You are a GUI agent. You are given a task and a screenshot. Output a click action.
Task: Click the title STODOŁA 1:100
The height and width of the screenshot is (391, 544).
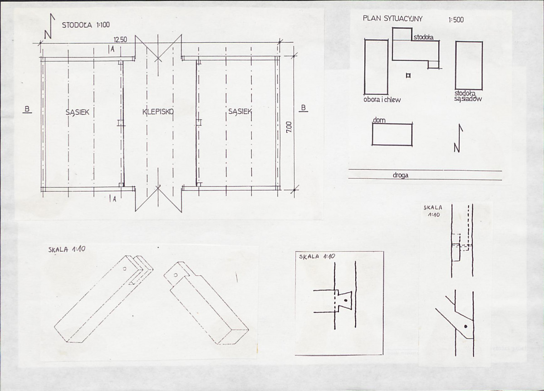coord(86,25)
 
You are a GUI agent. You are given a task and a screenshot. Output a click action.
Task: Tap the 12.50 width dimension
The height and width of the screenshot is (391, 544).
coord(120,40)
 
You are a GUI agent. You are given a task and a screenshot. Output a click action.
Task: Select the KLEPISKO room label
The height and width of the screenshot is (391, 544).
coord(158,112)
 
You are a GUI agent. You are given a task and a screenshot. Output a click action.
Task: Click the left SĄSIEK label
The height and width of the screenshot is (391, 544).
coord(78,112)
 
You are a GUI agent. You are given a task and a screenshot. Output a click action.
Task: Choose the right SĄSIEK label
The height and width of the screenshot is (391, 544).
coord(240,112)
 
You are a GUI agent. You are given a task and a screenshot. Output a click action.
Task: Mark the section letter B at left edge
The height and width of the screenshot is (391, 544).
coord(27,110)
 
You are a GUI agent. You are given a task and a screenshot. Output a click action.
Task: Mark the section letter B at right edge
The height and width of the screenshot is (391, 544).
coord(304,108)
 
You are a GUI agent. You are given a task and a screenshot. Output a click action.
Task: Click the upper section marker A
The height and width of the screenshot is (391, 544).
coord(112,49)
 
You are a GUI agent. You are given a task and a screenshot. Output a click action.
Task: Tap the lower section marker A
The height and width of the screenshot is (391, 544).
coord(113,199)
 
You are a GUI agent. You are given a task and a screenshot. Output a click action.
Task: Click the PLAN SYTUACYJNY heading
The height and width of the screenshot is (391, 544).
coord(393,19)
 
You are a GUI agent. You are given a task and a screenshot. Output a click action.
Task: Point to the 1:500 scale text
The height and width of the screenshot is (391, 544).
coord(456,20)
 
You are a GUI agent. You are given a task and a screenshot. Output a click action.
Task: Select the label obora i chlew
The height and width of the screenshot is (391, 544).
coord(382,100)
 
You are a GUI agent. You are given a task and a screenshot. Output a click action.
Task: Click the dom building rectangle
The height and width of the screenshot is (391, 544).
coord(392,134)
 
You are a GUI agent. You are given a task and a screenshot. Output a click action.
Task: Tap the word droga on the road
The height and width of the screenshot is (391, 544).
coord(400,175)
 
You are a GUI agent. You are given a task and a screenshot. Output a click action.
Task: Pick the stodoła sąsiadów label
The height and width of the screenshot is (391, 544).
coord(468,96)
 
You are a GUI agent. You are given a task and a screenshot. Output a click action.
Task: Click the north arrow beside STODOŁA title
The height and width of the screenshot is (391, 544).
coord(49,26)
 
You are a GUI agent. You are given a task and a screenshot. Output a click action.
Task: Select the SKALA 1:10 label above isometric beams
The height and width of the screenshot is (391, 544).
coord(67,249)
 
